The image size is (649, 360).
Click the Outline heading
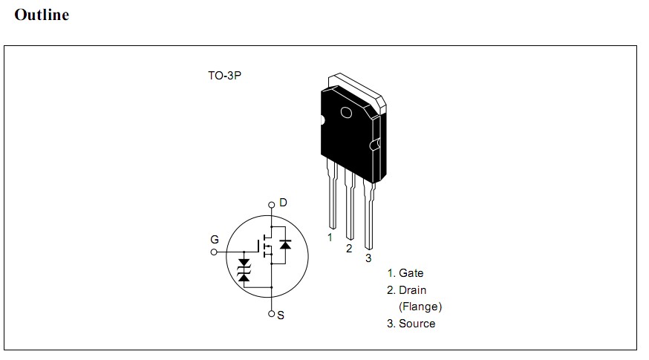click(42, 15)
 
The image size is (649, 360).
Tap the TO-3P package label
click(224, 76)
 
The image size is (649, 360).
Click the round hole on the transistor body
click(345, 113)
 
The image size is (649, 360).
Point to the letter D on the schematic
click(283, 203)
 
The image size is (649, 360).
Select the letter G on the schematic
click(215, 239)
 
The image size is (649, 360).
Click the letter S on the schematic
click(281, 315)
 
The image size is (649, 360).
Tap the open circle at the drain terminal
click(272, 206)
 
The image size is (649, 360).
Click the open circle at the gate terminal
click(215, 252)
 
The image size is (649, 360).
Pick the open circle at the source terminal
click(272, 313)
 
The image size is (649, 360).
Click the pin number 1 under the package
click(330, 238)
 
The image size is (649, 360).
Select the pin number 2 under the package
click(349, 249)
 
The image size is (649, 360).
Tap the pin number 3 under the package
click(368, 258)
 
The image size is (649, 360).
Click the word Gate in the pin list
click(411, 273)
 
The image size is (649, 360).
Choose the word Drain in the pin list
click(412, 290)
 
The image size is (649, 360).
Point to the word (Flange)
click(420, 306)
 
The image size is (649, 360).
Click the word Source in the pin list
click(417, 324)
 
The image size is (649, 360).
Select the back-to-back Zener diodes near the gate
click(244, 269)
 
